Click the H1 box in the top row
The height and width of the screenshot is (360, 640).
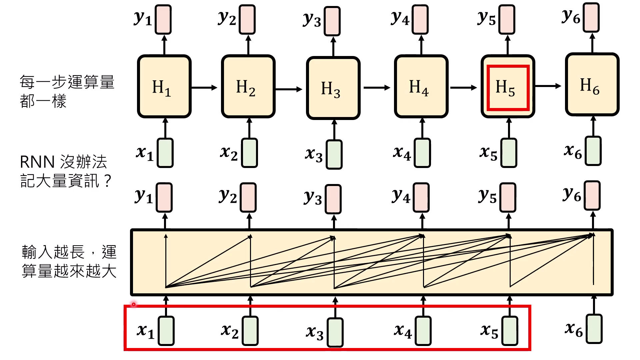tap(164, 87)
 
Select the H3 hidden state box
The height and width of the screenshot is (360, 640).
tap(333, 88)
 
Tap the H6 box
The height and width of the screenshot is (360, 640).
tap(592, 85)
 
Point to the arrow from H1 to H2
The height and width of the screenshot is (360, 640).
tap(204, 88)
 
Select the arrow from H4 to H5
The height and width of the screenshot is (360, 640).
tap(463, 88)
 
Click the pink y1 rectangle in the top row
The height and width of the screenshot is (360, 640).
tap(163, 19)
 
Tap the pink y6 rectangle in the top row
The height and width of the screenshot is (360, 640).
tap(591, 17)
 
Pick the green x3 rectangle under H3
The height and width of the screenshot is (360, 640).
tap(334, 154)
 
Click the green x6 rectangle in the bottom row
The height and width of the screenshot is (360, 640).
tap(594, 329)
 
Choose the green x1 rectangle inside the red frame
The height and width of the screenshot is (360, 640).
tap(166, 331)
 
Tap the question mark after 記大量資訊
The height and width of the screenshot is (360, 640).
tap(107, 182)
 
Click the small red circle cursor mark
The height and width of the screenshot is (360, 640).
tap(133, 304)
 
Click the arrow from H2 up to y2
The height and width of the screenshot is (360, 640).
tap(248, 45)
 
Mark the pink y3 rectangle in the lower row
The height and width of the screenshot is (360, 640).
tap(333, 199)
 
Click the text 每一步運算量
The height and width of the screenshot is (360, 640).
tap(67, 82)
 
